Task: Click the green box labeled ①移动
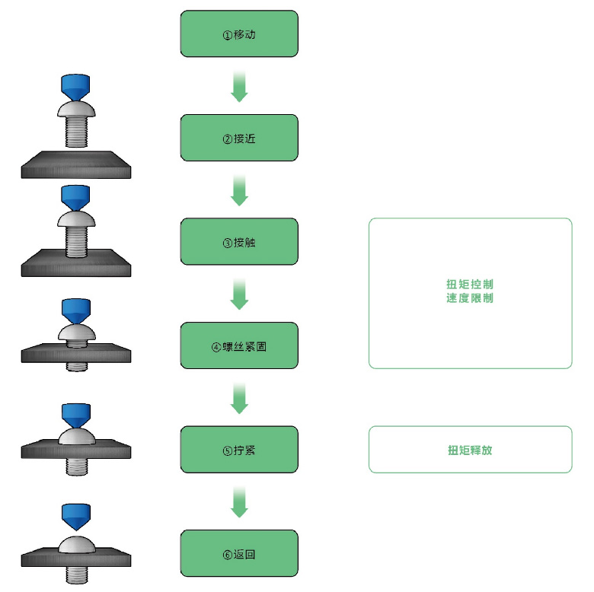tap(239, 33)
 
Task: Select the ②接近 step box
tap(239, 138)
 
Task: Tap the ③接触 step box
tap(239, 242)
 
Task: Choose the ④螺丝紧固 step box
tap(239, 345)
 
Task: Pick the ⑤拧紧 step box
tap(239, 450)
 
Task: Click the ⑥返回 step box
tap(239, 553)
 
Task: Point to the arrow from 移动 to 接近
tap(239, 86)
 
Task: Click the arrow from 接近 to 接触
tap(239, 190)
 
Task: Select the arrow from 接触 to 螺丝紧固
tap(239, 294)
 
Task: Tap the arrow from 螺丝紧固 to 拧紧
tap(239, 398)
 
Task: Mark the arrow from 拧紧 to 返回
tap(239, 502)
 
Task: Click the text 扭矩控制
tap(470, 285)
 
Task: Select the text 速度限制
tap(470, 298)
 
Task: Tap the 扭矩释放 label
tap(470, 450)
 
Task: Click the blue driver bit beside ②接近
tap(75, 87)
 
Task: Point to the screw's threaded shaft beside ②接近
tap(75, 132)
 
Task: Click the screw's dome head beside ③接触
tap(75, 221)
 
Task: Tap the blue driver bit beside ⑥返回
tap(75, 517)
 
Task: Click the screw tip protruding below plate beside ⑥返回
tap(75, 574)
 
